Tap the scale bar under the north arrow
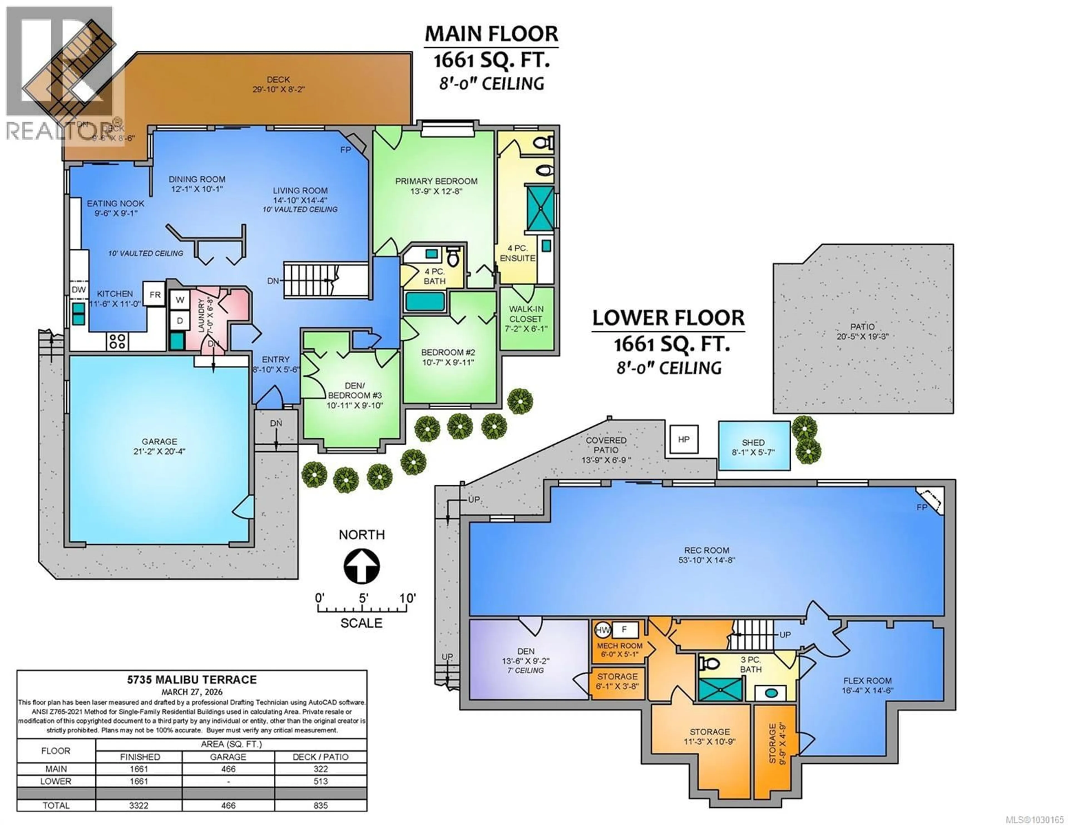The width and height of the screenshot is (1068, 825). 362,609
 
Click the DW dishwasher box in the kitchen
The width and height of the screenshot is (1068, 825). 79,289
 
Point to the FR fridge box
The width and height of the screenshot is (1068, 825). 155,294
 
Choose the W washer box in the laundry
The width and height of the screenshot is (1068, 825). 179,299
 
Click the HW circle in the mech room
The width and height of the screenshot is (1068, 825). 602,630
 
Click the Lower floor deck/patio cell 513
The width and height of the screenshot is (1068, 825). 320,781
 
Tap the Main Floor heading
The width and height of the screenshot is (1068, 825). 491,34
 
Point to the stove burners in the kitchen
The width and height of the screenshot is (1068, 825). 117,341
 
